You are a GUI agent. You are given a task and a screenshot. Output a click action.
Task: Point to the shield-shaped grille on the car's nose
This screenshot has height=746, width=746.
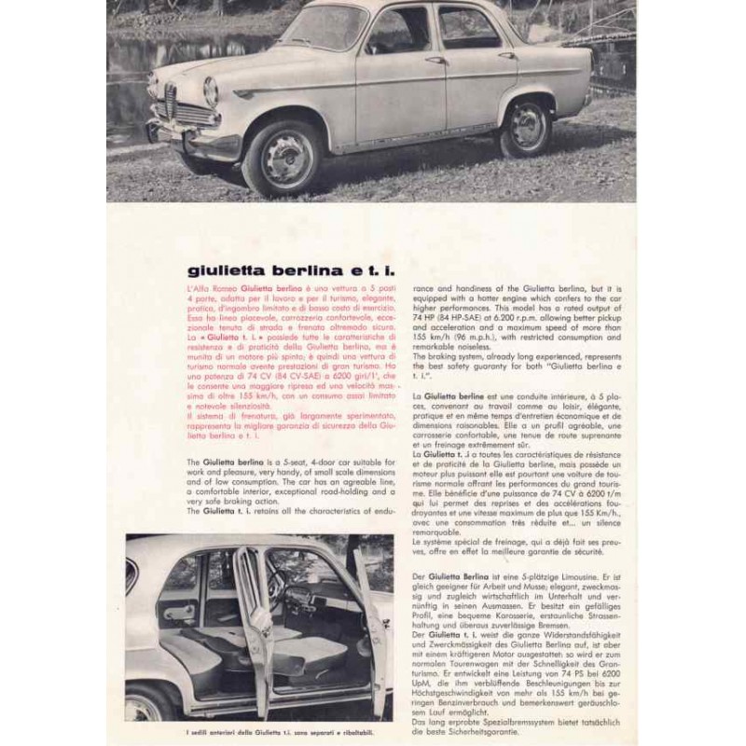pyautogui.click(x=171, y=98)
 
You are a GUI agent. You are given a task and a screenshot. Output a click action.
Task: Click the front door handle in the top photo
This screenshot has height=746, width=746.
pyautogui.click(x=435, y=61)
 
